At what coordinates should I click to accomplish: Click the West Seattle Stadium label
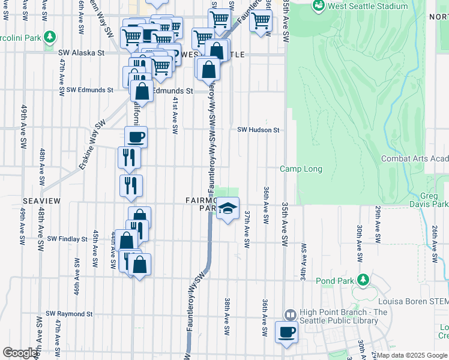coord(369,7)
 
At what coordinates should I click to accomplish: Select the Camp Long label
coord(301,169)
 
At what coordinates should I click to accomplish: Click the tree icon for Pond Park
coord(363,280)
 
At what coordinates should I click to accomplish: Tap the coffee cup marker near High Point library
coord(286,331)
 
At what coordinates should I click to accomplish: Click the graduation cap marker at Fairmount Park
coord(228,208)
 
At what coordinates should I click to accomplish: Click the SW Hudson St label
coord(258,130)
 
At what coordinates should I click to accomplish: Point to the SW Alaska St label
coord(82,53)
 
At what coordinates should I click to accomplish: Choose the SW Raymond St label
coord(70,314)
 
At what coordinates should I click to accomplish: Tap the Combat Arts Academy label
coord(415,158)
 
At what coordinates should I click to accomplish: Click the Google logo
coord(20,353)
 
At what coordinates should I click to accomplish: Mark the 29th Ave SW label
coord(378,224)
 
